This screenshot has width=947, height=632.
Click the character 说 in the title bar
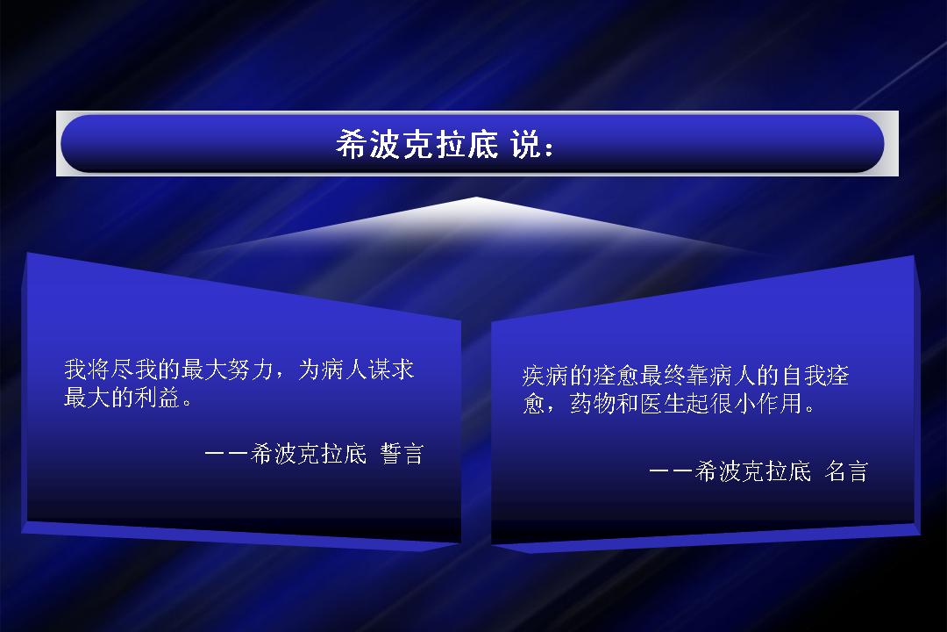[x=524, y=145]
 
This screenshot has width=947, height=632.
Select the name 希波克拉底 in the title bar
[x=417, y=145]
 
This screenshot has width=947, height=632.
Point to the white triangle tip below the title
[x=476, y=197]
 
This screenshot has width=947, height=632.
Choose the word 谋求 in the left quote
[x=391, y=369]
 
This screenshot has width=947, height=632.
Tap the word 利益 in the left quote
[x=158, y=398]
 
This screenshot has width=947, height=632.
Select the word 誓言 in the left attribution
[x=402, y=454]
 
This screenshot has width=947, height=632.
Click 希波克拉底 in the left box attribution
[x=309, y=454]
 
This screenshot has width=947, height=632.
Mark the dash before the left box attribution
[x=226, y=454]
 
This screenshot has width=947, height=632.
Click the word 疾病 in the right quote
[x=545, y=376]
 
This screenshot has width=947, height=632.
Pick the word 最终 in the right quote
[x=663, y=376]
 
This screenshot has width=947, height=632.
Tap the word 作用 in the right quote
[x=780, y=404]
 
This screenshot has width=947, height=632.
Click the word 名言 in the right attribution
[x=846, y=471]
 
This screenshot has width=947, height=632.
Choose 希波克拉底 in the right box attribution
[x=753, y=471]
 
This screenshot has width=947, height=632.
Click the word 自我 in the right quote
[x=803, y=376]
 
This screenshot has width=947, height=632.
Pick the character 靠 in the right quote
[x=698, y=376]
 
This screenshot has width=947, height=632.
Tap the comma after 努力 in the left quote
[x=279, y=374]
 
